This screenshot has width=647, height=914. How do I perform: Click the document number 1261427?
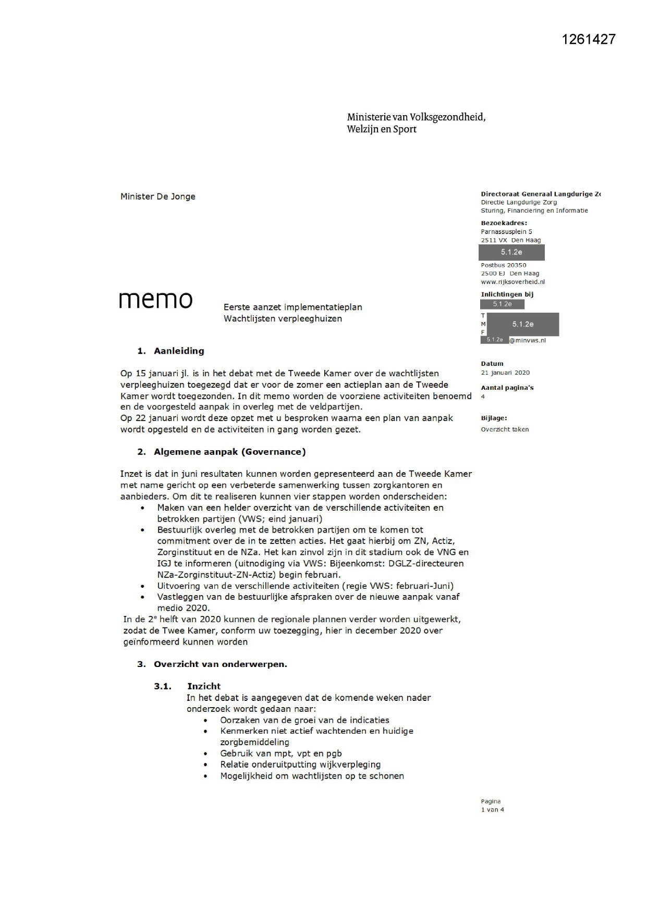[x=589, y=39]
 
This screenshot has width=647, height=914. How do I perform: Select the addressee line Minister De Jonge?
[x=157, y=196]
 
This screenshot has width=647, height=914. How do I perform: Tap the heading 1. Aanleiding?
[x=170, y=351]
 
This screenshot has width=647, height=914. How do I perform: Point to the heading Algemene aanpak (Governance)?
[x=229, y=452]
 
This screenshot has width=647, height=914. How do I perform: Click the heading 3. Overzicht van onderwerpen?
[x=212, y=664]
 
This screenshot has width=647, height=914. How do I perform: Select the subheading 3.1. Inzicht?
[x=187, y=686]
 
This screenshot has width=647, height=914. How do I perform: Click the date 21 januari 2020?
[x=505, y=373]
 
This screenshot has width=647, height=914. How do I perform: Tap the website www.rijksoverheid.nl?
[x=512, y=282]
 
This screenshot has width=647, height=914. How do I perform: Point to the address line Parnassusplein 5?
[x=506, y=232]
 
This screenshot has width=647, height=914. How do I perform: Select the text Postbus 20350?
[x=503, y=265]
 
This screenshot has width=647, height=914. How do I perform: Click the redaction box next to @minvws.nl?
[x=494, y=340]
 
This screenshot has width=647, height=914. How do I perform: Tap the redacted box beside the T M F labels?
[x=522, y=324]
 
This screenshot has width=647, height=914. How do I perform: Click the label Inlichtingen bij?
[x=507, y=294]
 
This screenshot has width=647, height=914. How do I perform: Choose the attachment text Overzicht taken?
[x=505, y=429]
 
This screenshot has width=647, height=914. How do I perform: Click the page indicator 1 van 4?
[x=492, y=810]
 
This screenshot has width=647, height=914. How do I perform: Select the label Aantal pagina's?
[x=507, y=388]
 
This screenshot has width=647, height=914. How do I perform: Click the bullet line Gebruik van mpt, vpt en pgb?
[x=281, y=753]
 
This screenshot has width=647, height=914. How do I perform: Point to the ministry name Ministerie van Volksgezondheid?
[x=416, y=117]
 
